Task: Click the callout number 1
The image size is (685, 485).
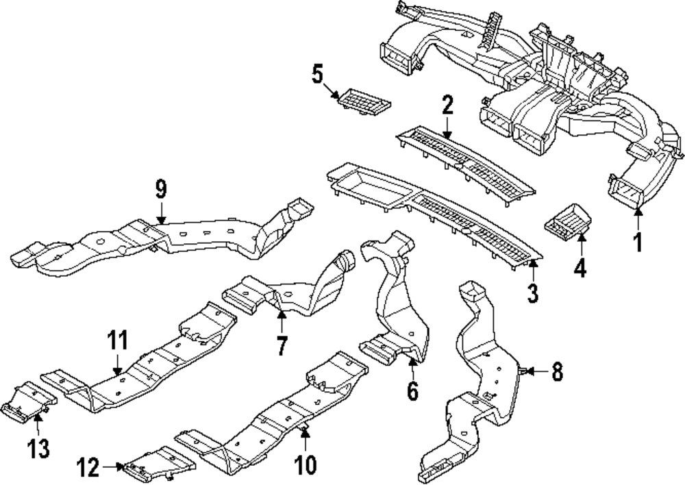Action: click(x=637, y=242)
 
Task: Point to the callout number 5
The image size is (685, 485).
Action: click(x=318, y=74)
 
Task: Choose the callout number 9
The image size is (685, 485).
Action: click(x=161, y=188)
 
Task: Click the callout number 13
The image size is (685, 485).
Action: click(x=39, y=449)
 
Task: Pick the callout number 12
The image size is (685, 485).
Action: click(x=88, y=467)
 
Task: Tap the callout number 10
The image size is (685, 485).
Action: click(x=306, y=465)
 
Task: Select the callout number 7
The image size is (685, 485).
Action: click(x=280, y=345)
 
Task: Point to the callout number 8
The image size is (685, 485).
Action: click(x=557, y=372)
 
